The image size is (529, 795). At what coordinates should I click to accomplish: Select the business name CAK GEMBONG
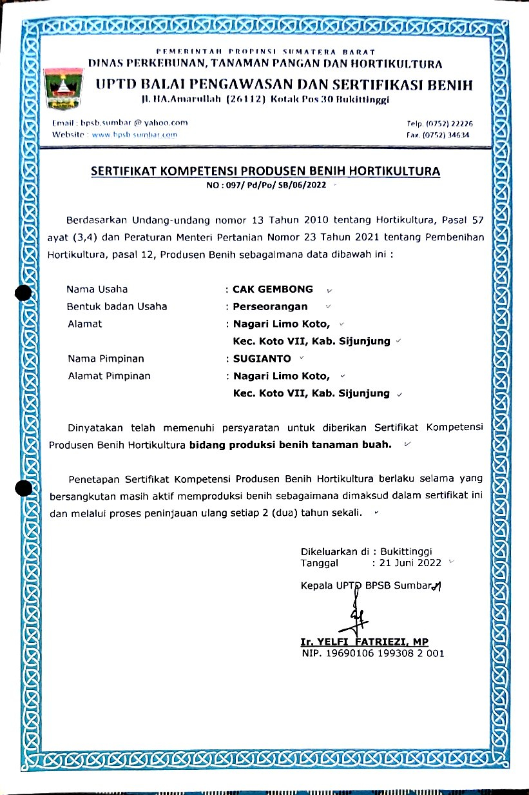[273, 290]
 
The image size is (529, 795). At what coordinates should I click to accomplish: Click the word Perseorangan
[270, 307]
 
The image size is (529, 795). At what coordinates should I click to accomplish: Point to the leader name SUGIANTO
[262, 358]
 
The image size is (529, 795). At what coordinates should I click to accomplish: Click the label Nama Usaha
[97, 290]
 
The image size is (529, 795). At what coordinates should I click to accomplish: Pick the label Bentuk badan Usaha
[117, 307]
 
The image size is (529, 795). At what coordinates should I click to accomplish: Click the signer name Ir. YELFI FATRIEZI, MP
[364, 642]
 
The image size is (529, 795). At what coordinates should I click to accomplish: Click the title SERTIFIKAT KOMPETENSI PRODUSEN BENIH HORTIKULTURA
[265, 172]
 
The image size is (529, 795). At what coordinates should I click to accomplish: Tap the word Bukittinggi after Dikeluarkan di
[406, 553]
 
